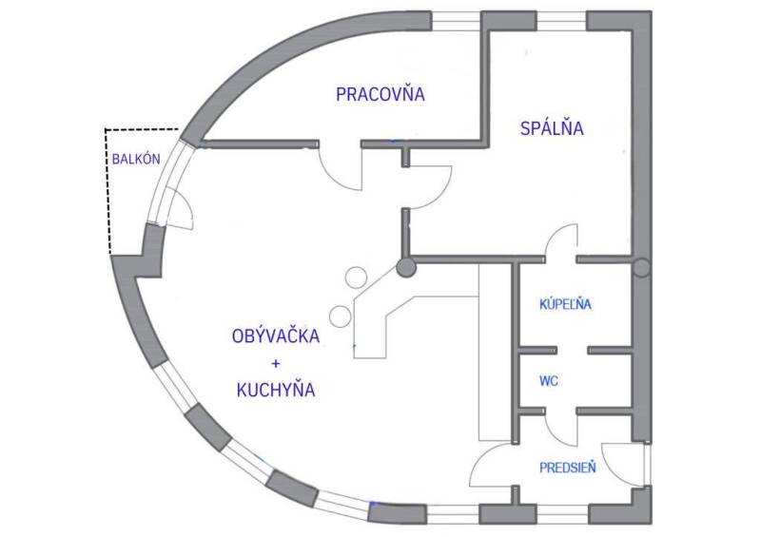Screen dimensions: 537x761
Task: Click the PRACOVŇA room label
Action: click(x=380, y=94)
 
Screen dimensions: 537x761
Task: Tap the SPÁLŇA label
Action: click(x=551, y=129)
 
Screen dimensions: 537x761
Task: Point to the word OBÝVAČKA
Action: click(x=275, y=336)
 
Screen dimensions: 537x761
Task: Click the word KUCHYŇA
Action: click(x=275, y=390)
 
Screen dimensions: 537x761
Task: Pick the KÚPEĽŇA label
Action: click(x=566, y=304)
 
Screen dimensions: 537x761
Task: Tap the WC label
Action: click(x=548, y=381)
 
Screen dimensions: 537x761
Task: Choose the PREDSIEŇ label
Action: click(x=569, y=467)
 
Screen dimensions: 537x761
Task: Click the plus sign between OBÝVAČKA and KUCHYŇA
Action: click(x=275, y=363)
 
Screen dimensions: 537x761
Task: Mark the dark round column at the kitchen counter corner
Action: click(x=406, y=268)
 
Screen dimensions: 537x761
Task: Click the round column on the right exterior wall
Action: click(x=642, y=268)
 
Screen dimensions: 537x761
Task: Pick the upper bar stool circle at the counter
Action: click(x=355, y=278)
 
